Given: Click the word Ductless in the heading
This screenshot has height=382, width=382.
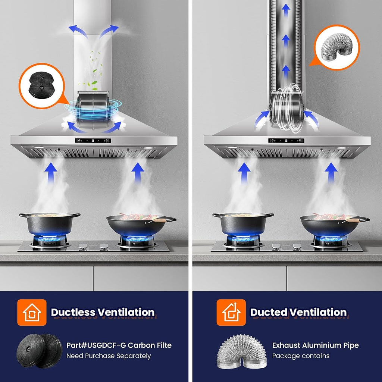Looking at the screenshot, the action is click(x=73, y=312).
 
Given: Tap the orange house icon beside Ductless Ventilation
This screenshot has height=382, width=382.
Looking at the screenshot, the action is click(x=32, y=312).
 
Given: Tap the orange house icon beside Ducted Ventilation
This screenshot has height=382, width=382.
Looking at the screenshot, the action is click(x=231, y=312).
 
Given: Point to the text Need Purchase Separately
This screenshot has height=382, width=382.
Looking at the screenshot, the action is click(x=109, y=356).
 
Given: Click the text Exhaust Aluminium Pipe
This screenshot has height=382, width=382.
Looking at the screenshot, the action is click(x=316, y=345).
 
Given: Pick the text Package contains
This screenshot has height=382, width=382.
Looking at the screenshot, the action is click(x=301, y=356).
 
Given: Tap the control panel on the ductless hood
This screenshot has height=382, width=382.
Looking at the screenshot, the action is click(x=93, y=141).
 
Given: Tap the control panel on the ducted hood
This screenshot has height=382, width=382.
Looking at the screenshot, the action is click(x=286, y=141).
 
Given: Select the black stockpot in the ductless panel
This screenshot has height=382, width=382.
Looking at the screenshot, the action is click(x=50, y=224).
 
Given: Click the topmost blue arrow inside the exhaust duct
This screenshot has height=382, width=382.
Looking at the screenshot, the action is click(x=286, y=10).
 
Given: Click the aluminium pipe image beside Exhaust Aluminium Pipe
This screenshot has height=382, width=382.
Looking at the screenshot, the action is click(x=242, y=351).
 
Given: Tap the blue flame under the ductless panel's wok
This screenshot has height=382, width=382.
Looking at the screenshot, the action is click(x=137, y=239).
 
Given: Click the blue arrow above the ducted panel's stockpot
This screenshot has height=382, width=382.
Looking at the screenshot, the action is click(x=244, y=173).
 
